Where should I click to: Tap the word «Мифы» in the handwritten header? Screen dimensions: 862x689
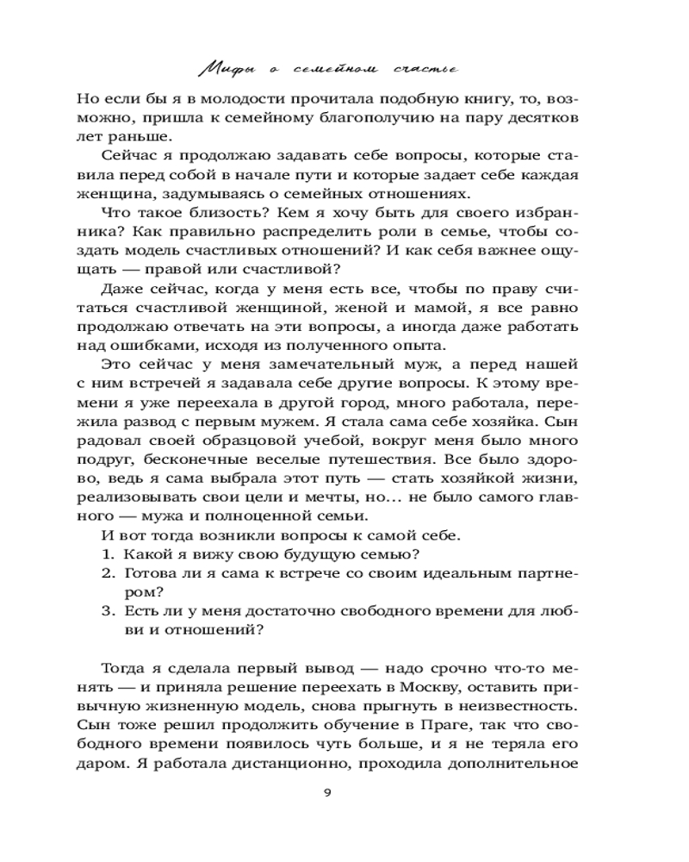click(x=225, y=66)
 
